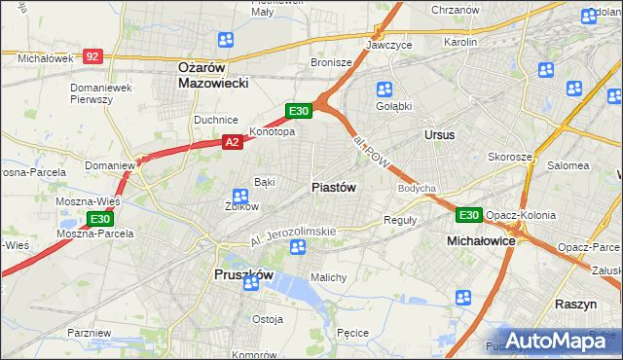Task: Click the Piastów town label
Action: click(x=334, y=187)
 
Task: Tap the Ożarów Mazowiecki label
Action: click(x=215, y=75)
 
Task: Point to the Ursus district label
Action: click(x=439, y=134)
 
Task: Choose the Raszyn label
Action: click(x=575, y=304)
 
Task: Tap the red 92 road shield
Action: click(x=92, y=57)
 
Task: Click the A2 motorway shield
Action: click(x=232, y=142)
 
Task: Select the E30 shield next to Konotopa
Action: click(x=299, y=111)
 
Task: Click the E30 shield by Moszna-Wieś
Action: click(x=99, y=220)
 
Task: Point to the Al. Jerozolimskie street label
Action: click(x=292, y=234)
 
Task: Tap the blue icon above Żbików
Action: click(x=238, y=197)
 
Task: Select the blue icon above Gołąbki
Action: click(x=385, y=90)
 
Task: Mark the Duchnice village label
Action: click(x=216, y=120)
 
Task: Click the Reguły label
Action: click(x=400, y=220)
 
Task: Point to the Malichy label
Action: click(x=329, y=277)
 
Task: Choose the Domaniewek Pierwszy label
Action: click(x=101, y=94)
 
